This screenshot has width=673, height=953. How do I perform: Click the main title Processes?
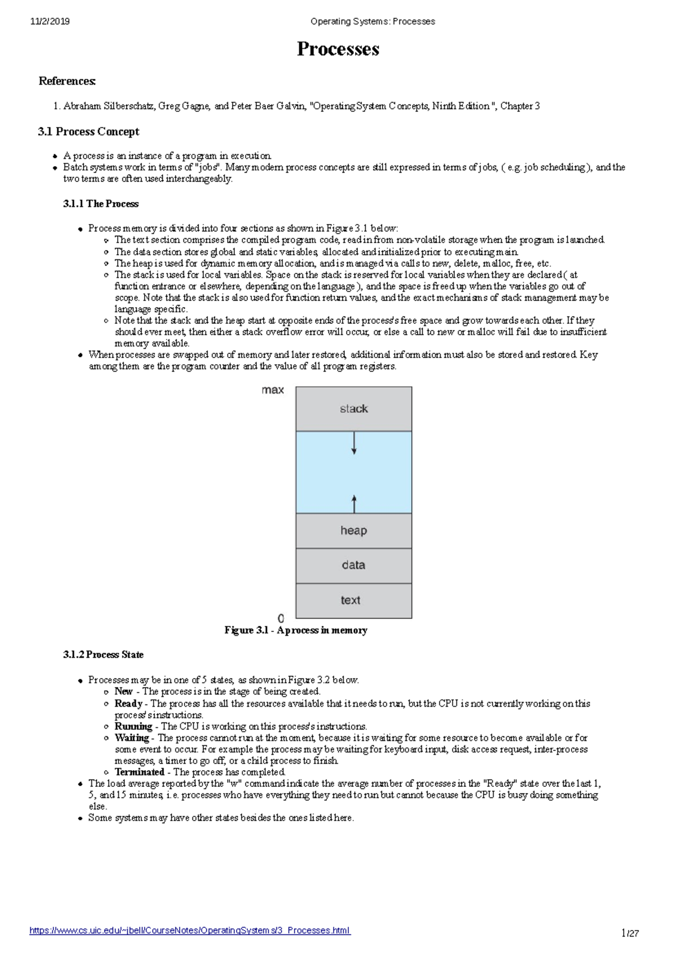pos(338,49)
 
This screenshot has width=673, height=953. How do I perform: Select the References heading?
pos(67,81)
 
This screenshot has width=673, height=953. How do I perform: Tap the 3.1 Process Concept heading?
pos(89,132)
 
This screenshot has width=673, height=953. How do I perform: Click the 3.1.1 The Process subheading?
pos(101,204)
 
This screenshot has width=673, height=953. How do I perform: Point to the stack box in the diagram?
pos(354,409)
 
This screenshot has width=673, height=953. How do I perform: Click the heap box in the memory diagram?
pos(354,530)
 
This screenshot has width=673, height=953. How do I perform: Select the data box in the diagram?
pos(354,565)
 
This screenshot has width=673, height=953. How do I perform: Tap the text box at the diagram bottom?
pos(352,601)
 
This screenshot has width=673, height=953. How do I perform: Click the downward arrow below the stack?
pos(354,443)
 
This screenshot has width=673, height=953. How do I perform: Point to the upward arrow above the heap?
pos(354,503)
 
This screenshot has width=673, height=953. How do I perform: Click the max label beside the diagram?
pos(273,390)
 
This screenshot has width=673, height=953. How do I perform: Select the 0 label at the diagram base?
pos(281,618)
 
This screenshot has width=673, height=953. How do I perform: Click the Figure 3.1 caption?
pos(296,630)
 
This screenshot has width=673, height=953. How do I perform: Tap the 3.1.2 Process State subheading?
pos(103,654)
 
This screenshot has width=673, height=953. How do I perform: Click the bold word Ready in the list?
pos(128,703)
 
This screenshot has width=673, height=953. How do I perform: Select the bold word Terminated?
pos(139,772)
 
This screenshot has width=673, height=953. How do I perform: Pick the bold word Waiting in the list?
pos(132,737)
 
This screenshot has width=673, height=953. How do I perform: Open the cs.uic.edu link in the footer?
pos(190,930)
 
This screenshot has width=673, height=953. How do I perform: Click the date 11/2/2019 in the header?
pos(50,21)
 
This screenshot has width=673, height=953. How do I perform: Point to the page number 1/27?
pos(630,933)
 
